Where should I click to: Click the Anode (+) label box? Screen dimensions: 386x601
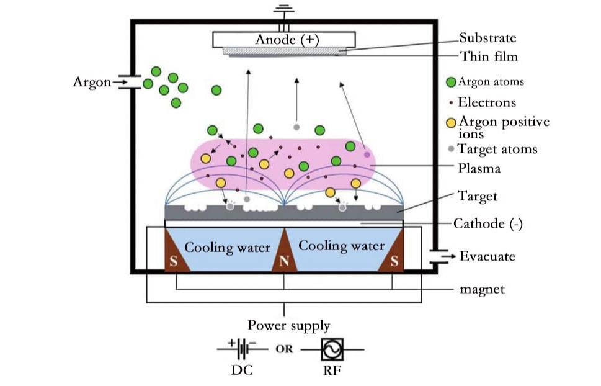click(x=285, y=40)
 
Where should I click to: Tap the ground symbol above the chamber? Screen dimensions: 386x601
click(x=285, y=11)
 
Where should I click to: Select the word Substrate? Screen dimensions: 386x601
click(x=487, y=38)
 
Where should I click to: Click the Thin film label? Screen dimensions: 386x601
click(x=489, y=56)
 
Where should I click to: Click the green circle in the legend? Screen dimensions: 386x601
click(x=452, y=82)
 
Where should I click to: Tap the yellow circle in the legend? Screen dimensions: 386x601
click(x=452, y=122)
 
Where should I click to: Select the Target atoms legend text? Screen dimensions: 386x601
click(x=497, y=149)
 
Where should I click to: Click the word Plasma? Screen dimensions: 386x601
click(x=479, y=168)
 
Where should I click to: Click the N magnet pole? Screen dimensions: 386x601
click(x=284, y=261)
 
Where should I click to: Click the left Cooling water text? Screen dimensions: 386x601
click(x=227, y=248)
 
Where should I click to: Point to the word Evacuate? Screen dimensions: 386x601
click(x=487, y=256)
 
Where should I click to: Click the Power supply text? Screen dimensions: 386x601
click(x=285, y=325)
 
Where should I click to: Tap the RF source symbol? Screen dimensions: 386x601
click(x=332, y=349)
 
